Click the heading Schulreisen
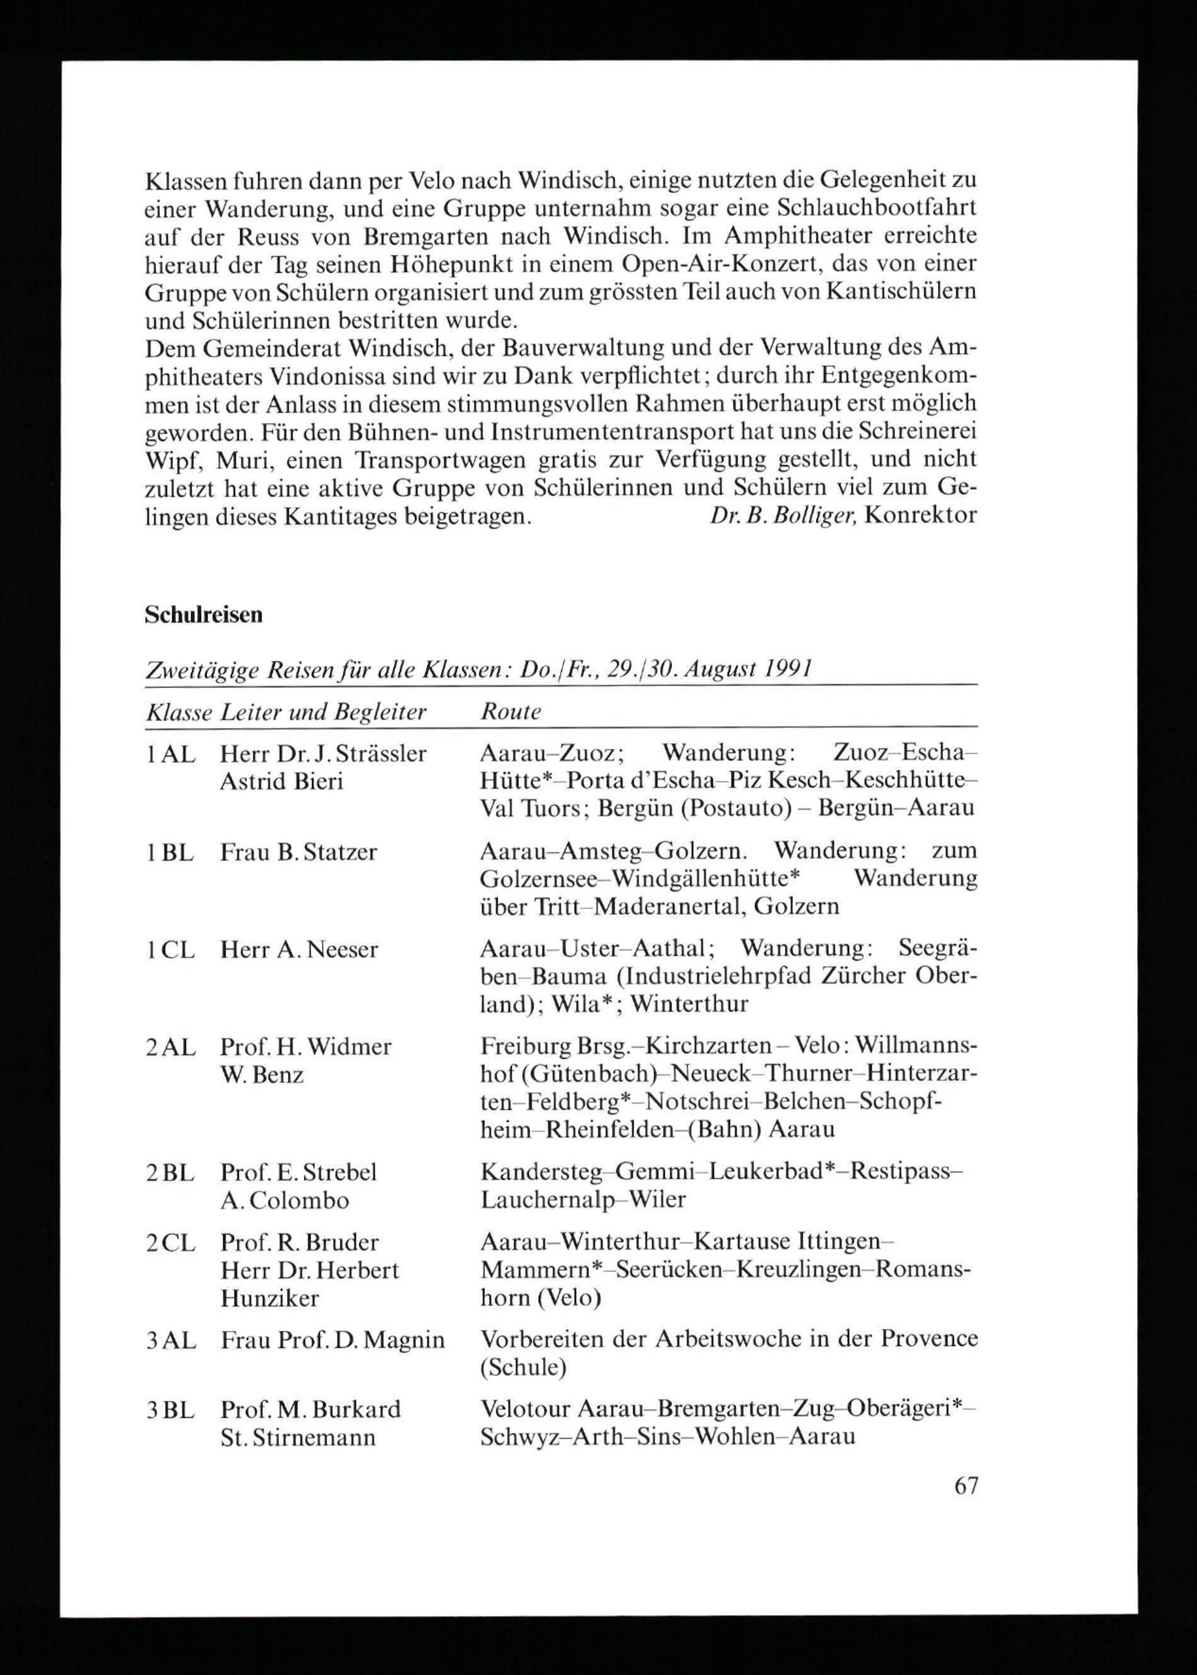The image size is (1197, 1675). click(203, 615)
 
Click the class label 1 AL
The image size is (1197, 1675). click(170, 754)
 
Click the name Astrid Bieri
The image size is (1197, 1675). click(281, 781)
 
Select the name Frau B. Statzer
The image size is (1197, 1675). click(298, 852)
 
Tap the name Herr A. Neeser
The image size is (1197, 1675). click(299, 949)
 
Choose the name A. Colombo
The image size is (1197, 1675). click(284, 1200)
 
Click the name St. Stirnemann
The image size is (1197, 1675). click(298, 1437)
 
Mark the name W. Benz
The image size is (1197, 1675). click(262, 1075)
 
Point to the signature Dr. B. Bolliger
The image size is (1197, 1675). click(783, 515)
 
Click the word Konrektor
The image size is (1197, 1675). click(920, 515)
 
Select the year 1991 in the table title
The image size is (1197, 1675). click(788, 669)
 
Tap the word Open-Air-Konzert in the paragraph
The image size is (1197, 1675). click(738, 264)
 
